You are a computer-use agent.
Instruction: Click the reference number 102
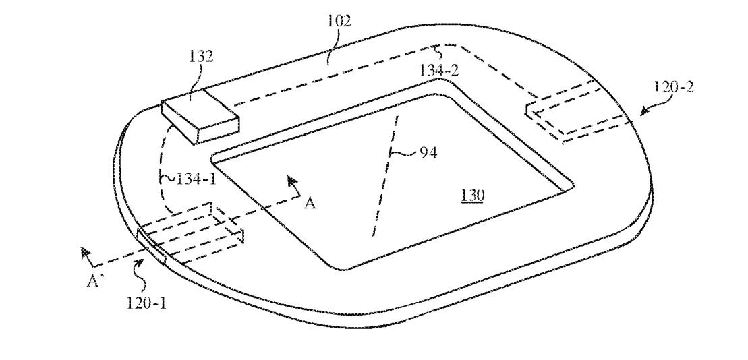tap(341, 21)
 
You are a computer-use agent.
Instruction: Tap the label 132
tap(202, 57)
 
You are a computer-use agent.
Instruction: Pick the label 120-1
tap(146, 304)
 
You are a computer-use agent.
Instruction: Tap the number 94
tap(428, 153)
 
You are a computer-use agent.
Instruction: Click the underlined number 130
tap(471, 195)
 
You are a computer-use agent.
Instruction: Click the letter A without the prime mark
tap(310, 204)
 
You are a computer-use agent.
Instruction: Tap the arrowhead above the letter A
tap(293, 181)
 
